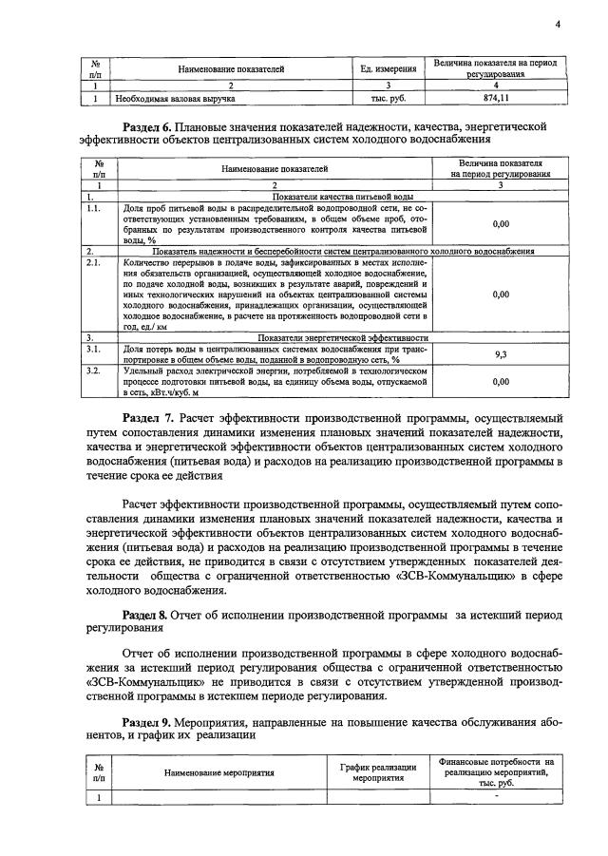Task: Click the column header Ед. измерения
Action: click(x=389, y=68)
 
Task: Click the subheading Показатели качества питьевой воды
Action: click(x=274, y=195)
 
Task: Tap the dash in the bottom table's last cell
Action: click(x=496, y=796)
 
